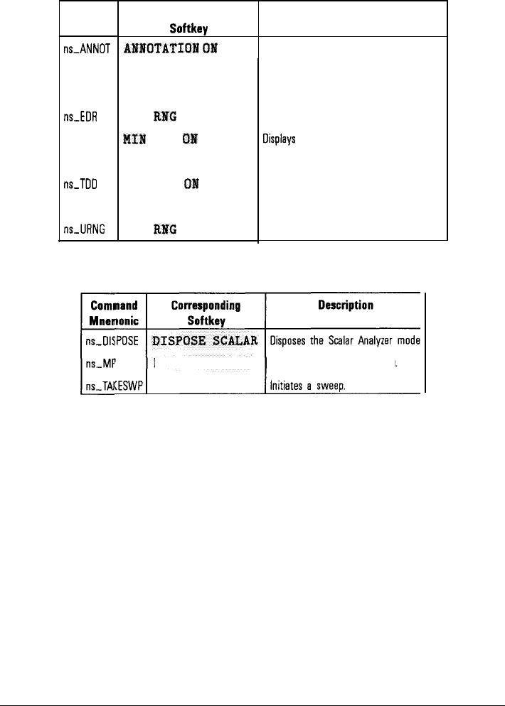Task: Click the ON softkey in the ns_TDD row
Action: pyautogui.click(x=191, y=183)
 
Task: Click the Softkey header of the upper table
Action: pyautogui.click(x=187, y=31)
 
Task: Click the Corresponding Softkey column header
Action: pyautogui.click(x=206, y=312)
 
